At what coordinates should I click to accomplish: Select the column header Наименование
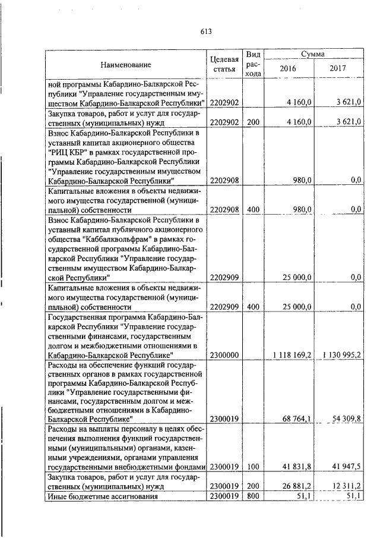125,64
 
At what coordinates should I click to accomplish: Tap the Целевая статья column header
224,64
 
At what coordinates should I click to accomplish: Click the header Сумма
312,54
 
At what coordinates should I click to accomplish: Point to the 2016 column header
287,68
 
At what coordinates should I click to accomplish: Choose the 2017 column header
338,68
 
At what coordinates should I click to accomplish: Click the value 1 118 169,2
292,355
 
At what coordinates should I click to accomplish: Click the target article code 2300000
224,355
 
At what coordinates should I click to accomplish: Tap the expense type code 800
254,497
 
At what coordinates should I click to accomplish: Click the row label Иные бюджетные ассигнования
102,497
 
